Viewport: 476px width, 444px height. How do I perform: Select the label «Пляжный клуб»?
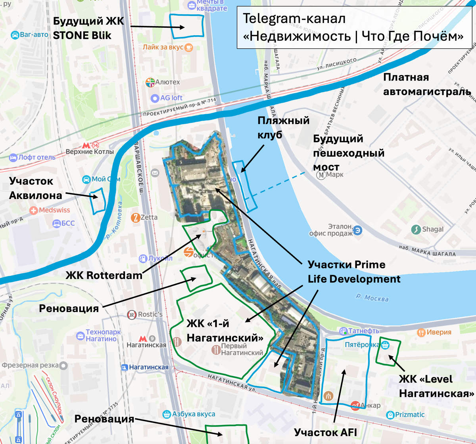coord(283,127)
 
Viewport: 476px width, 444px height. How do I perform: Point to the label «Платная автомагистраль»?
coord(427,84)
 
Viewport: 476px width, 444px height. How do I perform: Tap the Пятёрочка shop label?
coord(361,345)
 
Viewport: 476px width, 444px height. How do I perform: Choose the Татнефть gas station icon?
coord(343,331)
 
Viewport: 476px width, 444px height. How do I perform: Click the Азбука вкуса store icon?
coord(167,414)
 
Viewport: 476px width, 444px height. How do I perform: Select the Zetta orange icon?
coord(135,217)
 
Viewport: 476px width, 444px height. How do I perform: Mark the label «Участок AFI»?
coord(325,432)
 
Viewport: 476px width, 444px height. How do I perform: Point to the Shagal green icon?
coord(416,229)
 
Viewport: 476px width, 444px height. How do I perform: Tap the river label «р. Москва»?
coord(372,297)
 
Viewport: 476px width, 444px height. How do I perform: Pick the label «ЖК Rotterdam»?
coord(104,275)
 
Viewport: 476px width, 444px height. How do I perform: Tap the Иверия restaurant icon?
coord(421,332)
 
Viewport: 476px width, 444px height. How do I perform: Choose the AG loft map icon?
coord(154,98)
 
